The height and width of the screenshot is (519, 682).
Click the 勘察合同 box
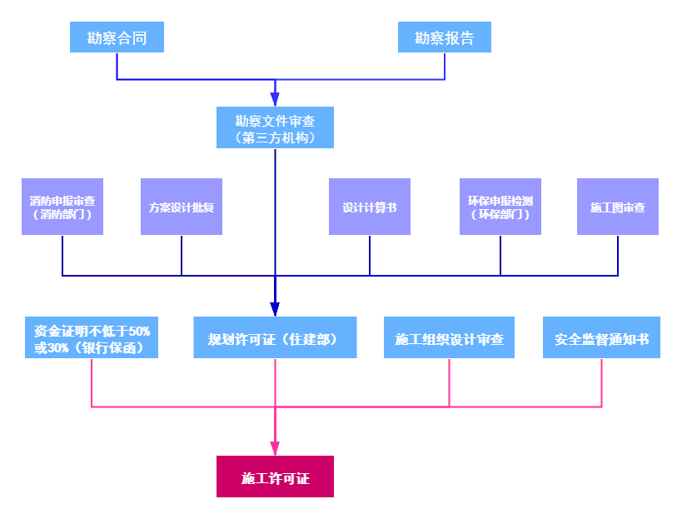tap(117, 37)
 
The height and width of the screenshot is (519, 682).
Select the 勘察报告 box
tap(444, 37)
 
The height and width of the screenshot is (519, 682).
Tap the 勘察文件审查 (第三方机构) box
tap(275, 127)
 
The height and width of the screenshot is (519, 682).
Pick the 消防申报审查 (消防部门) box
tap(62, 207)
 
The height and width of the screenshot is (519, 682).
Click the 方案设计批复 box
tap(182, 207)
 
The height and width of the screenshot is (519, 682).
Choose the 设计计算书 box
tap(369, 207)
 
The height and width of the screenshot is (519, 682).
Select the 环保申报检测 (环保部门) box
tap(500, 207)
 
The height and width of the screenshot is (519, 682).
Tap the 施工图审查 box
tap(617, 207)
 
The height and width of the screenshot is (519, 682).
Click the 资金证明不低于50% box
tap(92, 337)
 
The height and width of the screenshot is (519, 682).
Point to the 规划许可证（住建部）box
tap(275, 337)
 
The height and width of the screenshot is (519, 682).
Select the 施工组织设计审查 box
tap(449, 337)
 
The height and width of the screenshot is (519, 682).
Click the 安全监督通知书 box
tap(601, 337)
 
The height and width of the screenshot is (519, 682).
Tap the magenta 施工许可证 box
tap(275, 477)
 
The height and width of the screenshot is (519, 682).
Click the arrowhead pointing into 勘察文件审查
tap(275, 98)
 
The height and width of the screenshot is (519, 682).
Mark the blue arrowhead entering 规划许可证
tap(275, 308)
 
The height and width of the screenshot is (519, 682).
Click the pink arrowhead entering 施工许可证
tap(275, 447)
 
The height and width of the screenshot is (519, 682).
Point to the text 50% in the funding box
tap(139, 331)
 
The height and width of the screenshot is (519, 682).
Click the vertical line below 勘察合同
tap(117, 67)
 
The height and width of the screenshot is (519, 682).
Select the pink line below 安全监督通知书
tap(601, 383)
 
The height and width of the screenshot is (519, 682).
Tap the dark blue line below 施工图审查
tap(618, 256)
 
